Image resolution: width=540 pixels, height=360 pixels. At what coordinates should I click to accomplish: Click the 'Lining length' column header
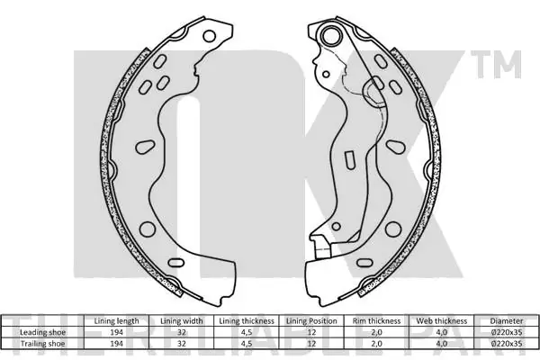116,321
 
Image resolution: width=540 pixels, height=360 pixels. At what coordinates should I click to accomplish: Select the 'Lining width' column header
182,321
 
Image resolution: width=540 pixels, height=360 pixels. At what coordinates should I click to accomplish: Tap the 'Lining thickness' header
247,321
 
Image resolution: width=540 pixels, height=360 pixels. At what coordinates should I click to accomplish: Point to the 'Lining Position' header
311,321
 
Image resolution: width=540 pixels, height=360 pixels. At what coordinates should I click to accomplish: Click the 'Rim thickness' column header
376,321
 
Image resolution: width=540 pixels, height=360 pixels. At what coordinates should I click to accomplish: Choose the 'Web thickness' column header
442,321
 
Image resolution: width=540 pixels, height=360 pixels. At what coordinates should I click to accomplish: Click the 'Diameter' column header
506,321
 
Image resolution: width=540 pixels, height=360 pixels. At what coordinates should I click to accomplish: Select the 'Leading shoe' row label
42,332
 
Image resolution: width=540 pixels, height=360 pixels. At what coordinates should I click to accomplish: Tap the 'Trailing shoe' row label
42,344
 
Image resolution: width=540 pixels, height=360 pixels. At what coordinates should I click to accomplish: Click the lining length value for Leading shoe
116,332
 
